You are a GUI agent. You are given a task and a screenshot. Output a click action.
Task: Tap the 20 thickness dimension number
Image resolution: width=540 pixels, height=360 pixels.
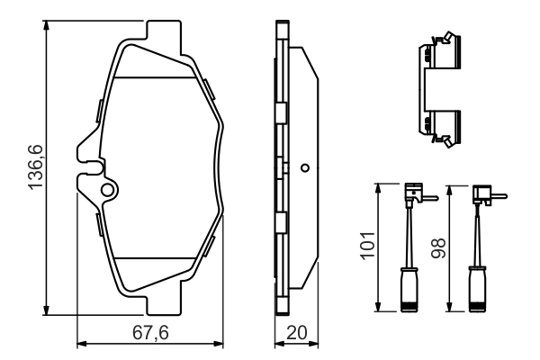tap(295, 333)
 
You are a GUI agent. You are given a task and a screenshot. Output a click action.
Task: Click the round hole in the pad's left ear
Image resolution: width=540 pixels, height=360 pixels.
tap(107, 190)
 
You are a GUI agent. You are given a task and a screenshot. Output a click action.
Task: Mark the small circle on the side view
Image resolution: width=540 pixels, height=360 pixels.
tap(305, 167)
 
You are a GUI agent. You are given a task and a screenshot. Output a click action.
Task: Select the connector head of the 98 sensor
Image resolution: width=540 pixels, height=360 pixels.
tap(482, 191)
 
